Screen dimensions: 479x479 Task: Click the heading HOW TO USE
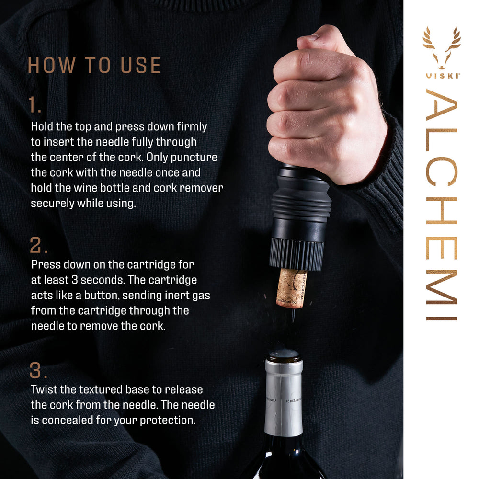(94, 65)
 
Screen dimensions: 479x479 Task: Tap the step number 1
(34, 105)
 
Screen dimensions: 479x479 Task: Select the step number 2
(38, 245)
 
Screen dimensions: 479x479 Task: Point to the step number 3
(38, 370)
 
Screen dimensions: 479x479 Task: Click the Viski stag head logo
(442, 48)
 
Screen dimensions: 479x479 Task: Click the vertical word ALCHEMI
(442, 205)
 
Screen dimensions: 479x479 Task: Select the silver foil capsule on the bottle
(284, 397)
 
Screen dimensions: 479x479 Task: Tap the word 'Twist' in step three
(44, 389)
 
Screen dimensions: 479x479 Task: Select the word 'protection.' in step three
(168, 421)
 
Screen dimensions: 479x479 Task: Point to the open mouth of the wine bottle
(284, 355)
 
